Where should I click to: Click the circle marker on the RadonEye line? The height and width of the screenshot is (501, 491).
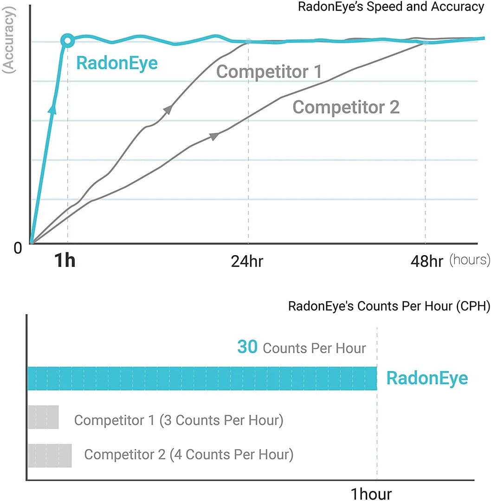[x=68, y=41]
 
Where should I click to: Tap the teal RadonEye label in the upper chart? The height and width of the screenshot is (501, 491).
[x=117, y=63]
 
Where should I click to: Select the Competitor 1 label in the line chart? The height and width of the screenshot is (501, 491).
[x=269, y=72]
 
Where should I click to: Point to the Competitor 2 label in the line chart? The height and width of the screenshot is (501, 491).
[x=346, y=107]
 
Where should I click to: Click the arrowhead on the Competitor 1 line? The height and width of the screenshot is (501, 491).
[x=168, y=109]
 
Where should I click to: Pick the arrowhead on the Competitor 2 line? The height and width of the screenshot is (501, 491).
[x=214, y=136]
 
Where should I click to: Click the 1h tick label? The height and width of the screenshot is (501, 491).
[x=65, y=261]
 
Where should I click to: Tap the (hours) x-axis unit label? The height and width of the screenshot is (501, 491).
[x=469, y=260]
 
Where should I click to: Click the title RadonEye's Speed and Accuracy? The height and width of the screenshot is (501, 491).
[x=391, y=7]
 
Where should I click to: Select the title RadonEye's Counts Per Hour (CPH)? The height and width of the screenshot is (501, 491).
[x=389, y=307]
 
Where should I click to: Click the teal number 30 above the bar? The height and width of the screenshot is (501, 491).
[x=247, y=347]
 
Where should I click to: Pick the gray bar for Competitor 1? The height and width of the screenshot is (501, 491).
[x=43, y=417]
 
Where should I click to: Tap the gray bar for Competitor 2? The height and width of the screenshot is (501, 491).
[x=50, y=456]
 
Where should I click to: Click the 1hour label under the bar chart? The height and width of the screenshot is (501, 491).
[x=371, y=494]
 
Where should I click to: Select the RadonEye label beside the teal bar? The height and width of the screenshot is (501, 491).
[x=427, y=378]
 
